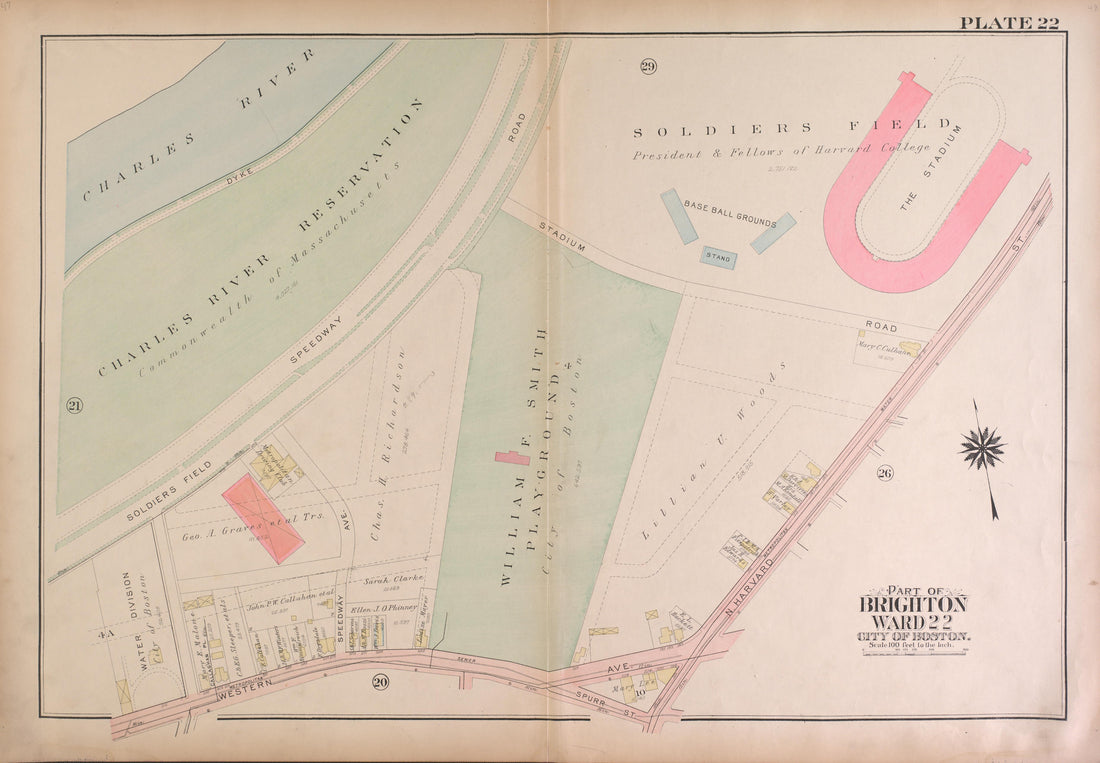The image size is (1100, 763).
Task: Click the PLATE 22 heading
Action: click(1009, 23)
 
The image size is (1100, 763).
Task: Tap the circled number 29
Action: click(648, 67)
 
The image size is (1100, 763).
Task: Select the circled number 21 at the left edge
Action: click(74, 405)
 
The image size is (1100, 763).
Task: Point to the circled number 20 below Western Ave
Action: click(380, 682)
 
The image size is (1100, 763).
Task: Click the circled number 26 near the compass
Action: click(884, 473)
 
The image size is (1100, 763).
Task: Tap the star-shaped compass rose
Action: click(982, 448)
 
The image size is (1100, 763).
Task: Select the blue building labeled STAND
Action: click(718, 258)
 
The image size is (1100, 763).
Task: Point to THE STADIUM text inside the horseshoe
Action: click(929, 168)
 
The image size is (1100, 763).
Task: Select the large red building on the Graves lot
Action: click(263, 518)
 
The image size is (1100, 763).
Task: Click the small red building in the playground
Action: click(512, 458)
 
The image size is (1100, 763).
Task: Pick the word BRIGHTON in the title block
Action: click(913, 605)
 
